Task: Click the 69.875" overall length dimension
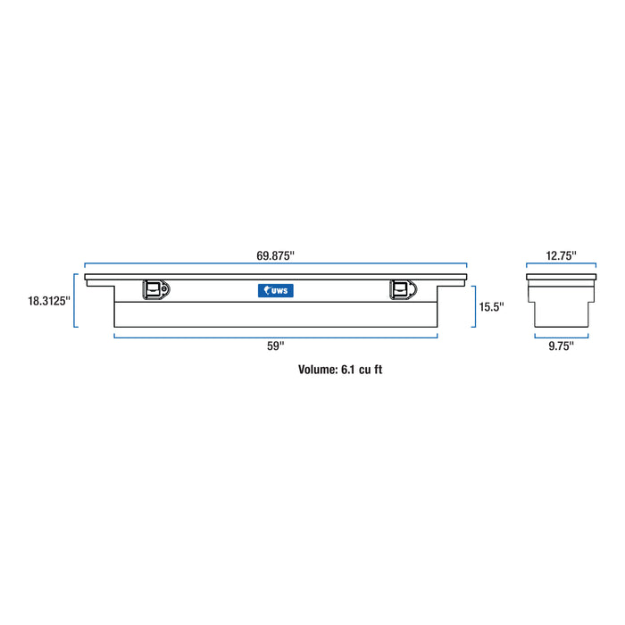[275, 255]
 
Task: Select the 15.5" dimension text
[491, 306]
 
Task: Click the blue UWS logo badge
[276, 289]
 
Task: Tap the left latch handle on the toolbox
[154, 289]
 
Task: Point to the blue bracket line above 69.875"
[275, 265]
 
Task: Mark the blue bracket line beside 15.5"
[475, 306]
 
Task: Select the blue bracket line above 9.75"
[561, 336]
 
